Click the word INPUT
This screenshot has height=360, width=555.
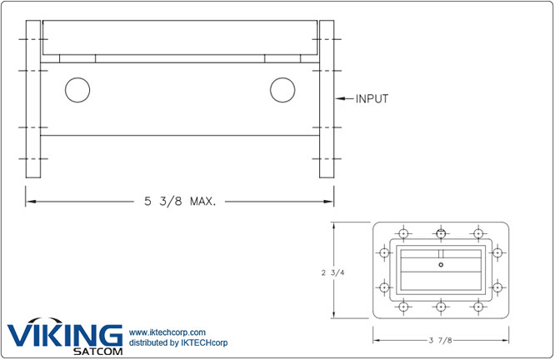point(372,98)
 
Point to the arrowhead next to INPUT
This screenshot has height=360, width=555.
point(340,98)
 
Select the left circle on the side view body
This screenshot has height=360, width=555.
point(77,90)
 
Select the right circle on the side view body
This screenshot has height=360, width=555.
point(282,90)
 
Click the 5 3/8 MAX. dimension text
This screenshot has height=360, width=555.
point(179,201)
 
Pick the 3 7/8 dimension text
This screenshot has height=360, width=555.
point(441,338)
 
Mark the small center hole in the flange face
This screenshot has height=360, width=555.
point(441,265)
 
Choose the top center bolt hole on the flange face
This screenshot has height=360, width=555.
point(441,233)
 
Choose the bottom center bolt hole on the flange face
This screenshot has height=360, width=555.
point(441,307)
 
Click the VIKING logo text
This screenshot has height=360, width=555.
point(64,335)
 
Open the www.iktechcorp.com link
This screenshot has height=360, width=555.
point(167,333)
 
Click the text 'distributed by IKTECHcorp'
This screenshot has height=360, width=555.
point(178,343)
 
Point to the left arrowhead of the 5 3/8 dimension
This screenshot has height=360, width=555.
point(28,201)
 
